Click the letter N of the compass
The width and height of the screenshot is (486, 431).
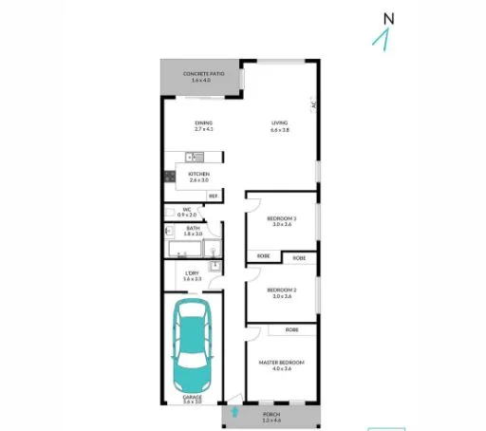pos(387,18)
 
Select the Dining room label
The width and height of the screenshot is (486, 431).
pos(203,124)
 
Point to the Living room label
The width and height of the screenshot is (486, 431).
pos(279,124)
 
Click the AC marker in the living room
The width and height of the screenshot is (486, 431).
pos(313,105)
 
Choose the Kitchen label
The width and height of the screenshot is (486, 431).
pos(199,177)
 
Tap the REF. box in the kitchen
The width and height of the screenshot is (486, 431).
pos(214,197)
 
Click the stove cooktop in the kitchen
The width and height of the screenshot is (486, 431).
pos(169,175)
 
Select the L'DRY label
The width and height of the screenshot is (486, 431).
pos(192,276)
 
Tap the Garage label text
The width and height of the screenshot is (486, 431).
pos(192,399)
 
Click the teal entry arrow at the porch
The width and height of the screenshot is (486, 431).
pos(234,413)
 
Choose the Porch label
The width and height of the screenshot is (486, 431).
pos(272,417)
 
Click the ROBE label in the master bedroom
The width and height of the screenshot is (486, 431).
pos(291,329)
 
